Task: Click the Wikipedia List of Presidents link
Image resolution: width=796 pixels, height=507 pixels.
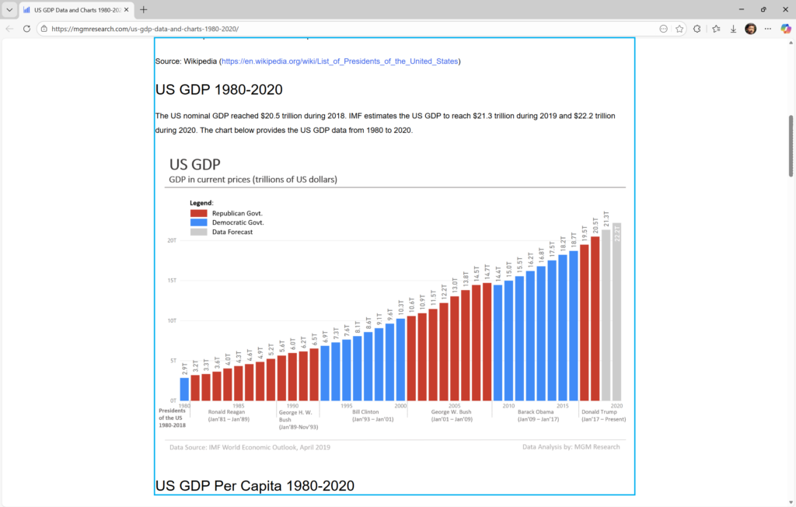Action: pyautogui.click(x=340, y=61)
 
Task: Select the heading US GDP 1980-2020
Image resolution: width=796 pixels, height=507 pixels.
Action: pyautogui.click(x=218, y=89)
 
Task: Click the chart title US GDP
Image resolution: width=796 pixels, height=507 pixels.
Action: pyautogui.click(x=194, y=164)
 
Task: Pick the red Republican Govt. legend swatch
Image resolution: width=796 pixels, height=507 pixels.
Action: pyautogui.click(x=198, y=212)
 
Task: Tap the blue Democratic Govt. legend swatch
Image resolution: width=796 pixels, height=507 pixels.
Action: pyautogui.click(x=198, y=222)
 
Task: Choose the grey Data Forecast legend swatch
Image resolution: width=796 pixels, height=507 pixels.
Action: pyautogui.click(x=198, y=232)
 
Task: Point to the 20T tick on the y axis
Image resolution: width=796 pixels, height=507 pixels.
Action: pyautogui.click(x=173, y=240)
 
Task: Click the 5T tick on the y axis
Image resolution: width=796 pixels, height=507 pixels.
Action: pyautogui.click(x=173, y=361)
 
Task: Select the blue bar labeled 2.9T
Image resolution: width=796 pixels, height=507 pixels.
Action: pyautogui.click(x=184, y=389)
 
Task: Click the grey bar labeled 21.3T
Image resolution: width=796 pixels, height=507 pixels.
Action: pyautogui.click(x=606, y=315)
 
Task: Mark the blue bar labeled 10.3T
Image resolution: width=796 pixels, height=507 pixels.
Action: pyautogui.click(x=400, y=359)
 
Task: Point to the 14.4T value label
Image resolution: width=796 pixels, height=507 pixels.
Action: pyautogui.click(x=498, y=273)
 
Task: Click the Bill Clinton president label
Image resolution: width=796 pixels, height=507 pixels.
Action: pyautogui.click(x=365, y=412)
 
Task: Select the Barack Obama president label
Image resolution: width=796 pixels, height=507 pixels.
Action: pyautogui.click(x=536, y=412)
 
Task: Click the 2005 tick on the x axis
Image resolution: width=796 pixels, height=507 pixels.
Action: pyautogui.click(x=455, y=406)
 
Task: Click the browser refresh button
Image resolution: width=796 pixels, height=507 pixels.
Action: pyautogui.click(x=26, y=29)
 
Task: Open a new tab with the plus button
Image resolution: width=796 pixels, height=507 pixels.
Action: pyautogui.click(x=144, y=9)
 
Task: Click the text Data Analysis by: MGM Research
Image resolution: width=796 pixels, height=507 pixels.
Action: pyautogui.click(x=571, y=447)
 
